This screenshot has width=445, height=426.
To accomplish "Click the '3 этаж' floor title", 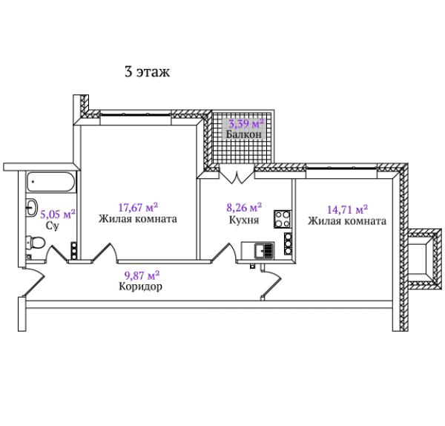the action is coord(148,71).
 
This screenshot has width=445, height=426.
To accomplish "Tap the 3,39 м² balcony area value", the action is coord(246,123).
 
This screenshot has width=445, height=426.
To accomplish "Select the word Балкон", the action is coord(244,134).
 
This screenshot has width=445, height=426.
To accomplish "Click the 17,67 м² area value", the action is coord(138,207).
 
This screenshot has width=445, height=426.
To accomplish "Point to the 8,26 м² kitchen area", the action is coord(244,207).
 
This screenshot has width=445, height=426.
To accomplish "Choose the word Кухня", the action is coord(244,220).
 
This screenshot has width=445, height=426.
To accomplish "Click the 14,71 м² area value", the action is coord(347,209).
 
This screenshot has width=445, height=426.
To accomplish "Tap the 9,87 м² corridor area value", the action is coord(142,275).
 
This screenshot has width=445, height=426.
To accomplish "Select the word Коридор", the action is coord(140,286).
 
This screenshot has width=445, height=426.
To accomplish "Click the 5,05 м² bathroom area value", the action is coord(58,214).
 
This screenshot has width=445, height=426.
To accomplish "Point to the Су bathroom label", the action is coord(53,226).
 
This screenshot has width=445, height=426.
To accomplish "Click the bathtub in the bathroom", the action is coord(51,182).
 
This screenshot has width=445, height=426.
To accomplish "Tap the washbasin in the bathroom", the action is coord(32,207).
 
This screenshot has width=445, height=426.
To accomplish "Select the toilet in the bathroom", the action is coord(36,243).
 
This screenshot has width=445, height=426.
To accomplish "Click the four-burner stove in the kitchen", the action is coord(283,219).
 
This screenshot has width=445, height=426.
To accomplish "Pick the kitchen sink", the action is coord(264,251).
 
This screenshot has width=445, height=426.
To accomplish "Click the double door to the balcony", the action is coord(237,174).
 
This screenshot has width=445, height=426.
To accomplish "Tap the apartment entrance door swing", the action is coord(34,281).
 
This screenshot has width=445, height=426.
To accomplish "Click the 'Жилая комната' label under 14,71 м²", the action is coord(347,221).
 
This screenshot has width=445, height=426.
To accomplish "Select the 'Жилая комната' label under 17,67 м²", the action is coord(138,219).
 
